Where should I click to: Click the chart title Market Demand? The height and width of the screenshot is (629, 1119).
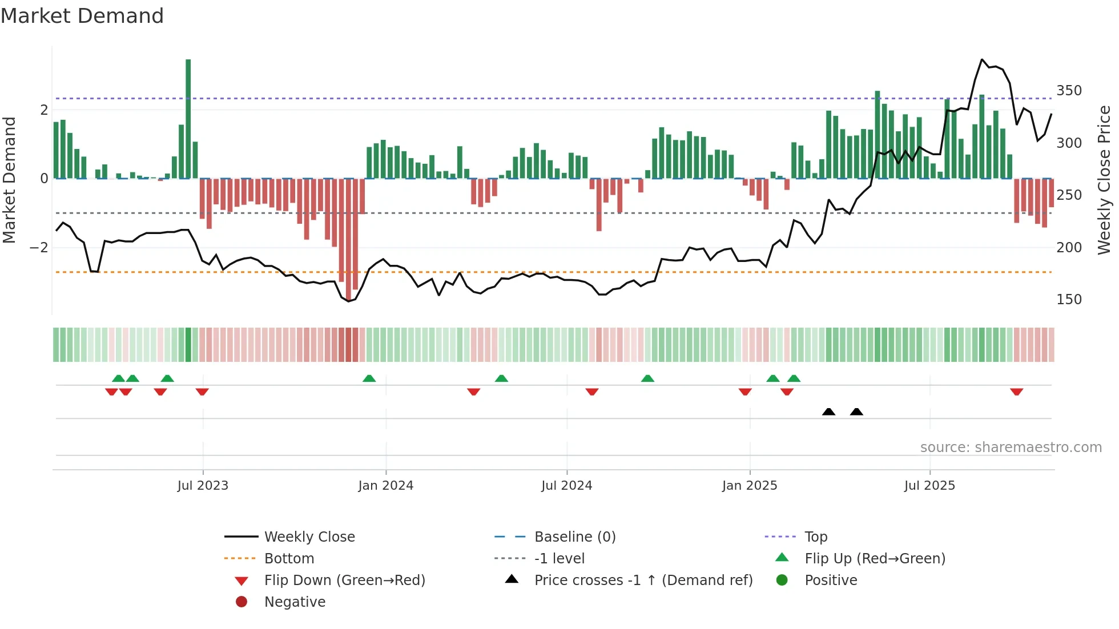coord(82,16)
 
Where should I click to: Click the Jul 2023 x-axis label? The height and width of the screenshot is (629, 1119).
coord(203,486)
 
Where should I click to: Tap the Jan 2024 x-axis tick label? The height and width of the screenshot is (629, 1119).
coord(385,486)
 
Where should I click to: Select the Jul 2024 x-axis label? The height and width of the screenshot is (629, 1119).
coord(566,486)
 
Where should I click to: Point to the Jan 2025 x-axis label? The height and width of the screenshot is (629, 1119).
coord(749,486)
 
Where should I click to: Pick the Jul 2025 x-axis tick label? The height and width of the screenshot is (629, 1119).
coord(929,486)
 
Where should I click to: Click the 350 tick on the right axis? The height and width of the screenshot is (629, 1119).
coord(1069,91)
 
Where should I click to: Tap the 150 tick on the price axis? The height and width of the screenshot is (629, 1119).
coord(1069,300)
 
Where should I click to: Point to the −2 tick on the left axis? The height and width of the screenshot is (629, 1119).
coord(39,248)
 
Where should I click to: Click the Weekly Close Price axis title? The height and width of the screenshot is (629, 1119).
coord(1104,180)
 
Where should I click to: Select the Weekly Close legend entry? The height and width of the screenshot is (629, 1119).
coord(309,537)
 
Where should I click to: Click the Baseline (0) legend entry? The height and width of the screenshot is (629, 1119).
coord(574,537)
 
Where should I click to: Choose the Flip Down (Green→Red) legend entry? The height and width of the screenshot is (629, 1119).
coord(344,580)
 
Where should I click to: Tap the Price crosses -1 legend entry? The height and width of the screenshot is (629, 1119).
coord(643,580)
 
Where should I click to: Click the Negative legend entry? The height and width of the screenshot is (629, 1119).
coord(295,602)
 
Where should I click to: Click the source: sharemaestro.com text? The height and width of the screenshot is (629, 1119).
coord(1011,447)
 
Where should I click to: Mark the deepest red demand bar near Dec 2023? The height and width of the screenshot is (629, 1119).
coord(348,240)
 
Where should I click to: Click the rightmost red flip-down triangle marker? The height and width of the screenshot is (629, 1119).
coord(1016,392)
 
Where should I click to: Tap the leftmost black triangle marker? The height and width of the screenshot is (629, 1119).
coord(828,412)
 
